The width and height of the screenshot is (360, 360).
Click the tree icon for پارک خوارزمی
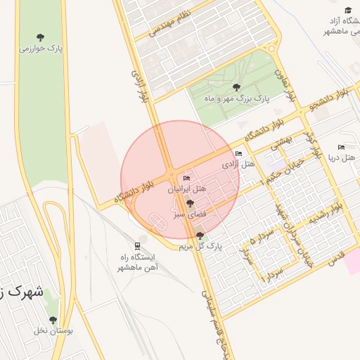click(39, 37)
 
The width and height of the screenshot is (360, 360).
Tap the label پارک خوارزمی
click(40, 49)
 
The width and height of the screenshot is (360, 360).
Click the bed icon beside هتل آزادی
click(239, 153)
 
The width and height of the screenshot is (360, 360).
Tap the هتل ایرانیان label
click(187, 189)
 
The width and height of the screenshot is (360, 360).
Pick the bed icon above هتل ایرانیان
click(186, 178)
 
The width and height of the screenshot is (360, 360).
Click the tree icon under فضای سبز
click(190, 202)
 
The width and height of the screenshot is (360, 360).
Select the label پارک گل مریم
click(200, 247)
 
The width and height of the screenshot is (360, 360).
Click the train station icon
click(138, 245)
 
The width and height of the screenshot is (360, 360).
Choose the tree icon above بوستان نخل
click(53, 320)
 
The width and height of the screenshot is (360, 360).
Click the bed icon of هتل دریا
click(341, 147)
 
